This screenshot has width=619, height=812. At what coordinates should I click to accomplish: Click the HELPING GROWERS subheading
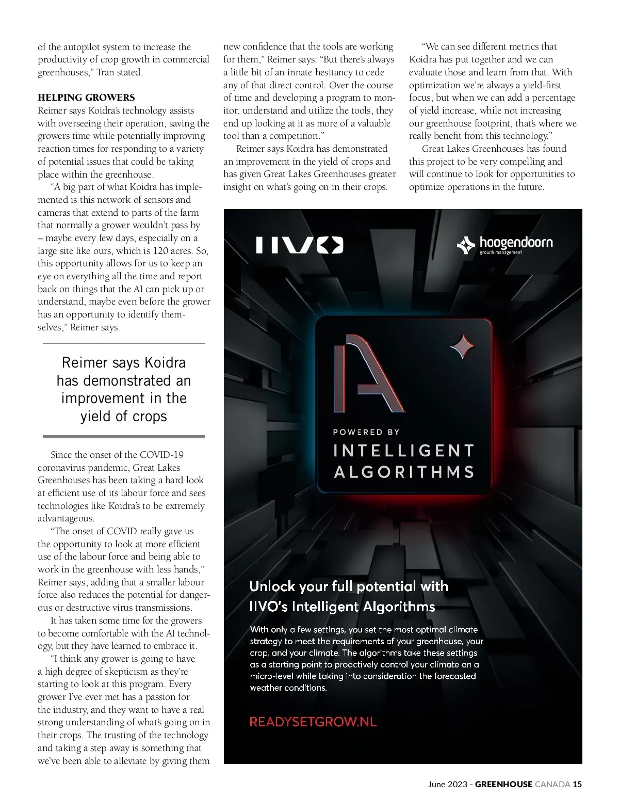86,98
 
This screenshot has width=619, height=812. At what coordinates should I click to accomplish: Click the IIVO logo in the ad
299,245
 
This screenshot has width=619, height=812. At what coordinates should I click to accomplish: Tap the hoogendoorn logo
504,245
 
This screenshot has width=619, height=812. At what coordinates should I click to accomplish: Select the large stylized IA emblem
368,372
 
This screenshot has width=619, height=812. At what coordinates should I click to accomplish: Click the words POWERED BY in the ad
366,432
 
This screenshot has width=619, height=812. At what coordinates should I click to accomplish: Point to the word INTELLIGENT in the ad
403,451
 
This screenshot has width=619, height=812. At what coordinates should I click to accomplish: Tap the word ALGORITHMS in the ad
404,472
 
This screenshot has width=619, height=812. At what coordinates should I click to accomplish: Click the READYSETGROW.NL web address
313,722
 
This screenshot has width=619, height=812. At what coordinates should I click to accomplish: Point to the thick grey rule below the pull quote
124,437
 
